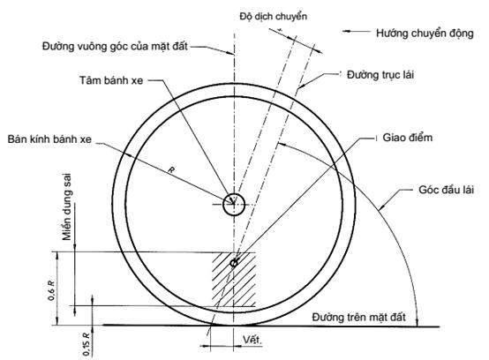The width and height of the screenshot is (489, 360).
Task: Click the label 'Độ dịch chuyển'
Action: (x=274, y=17)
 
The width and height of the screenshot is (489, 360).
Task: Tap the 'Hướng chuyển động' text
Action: (x=425, y=33)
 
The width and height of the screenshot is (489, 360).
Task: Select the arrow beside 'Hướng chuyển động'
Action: (x=356, y=31)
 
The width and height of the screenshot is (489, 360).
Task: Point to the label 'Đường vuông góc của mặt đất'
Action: (x=115, y=47)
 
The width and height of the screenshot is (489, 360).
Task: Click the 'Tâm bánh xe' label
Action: (x=111, y=80)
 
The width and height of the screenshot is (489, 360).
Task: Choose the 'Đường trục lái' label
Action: (x=380, y=75)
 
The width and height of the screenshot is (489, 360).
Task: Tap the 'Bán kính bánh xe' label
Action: (x=49, y=139)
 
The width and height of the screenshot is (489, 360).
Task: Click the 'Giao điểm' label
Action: (x=407, y=138)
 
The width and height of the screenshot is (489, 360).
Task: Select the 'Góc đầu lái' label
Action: (x=446, y=190)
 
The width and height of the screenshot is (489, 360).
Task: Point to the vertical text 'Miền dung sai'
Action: (x=67, y=207)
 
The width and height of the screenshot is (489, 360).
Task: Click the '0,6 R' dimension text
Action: (x=51, y=290)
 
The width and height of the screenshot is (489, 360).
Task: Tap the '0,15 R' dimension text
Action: (x=87, y=344)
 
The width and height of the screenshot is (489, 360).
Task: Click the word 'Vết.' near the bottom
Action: (x=252, y=340)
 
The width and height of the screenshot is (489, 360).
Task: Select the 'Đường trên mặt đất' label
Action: (x=358, y=318)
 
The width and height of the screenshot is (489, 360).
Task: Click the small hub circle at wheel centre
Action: (x=234, y=205)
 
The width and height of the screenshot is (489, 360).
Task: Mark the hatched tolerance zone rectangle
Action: (x=234, y=280)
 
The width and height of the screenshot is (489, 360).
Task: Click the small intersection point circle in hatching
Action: (x=234, y=263)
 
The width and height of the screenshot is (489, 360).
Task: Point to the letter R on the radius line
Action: (x=171, y=170)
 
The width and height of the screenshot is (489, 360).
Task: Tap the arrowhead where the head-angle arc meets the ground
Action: (x=417, y=323)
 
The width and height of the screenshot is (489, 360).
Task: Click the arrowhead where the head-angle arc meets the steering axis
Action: (x=281, y=144)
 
